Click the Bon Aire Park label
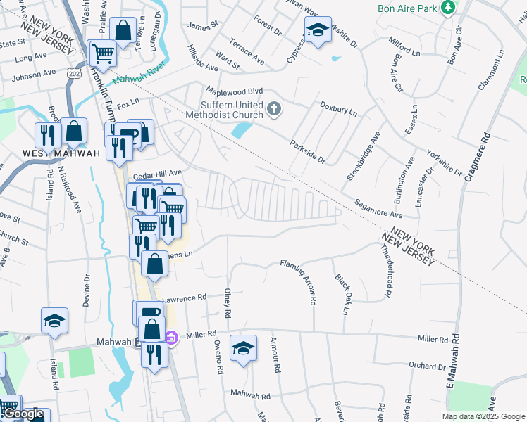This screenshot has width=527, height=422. (x=407, y=8)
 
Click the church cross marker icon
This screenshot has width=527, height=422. (x=275, y=109)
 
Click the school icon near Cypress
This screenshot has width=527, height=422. (x=318, y=30)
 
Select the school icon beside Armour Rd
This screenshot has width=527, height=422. (x=243, y=347)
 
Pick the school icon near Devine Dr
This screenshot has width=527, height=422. (x=54, y=321)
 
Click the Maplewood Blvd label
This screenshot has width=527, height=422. (x=234, y=91)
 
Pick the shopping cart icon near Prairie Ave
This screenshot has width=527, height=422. (x=103, y=52)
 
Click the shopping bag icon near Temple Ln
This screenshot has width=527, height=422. (x=123, y=30)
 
